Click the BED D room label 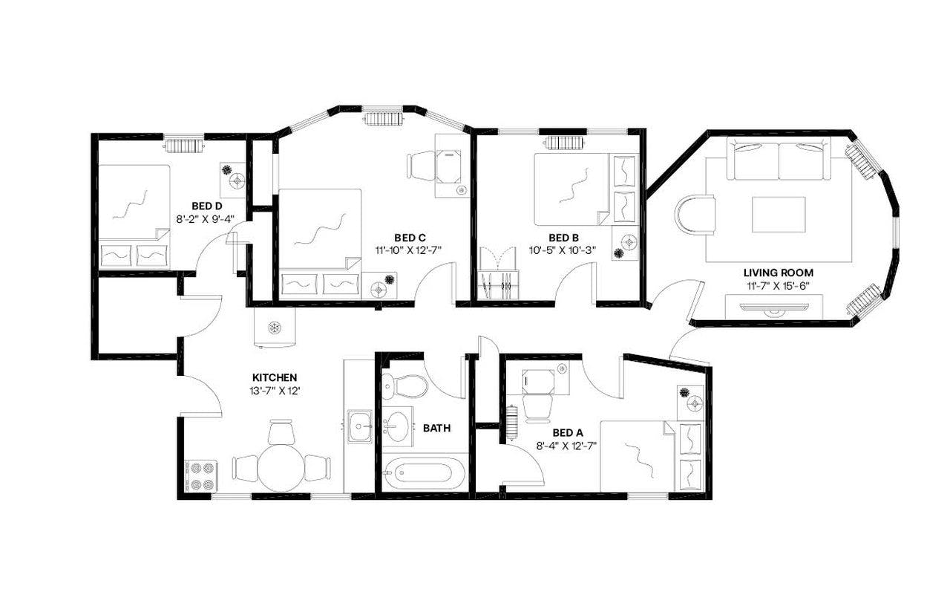click(x=206, y=206)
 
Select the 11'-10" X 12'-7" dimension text click(x=408, y=250)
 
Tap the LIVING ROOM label click(x=778, y=273)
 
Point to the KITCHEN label click(x=275, y=377)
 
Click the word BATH click(x=436, y=428)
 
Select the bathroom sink click(x=399, y=425)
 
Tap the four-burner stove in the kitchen click(x=200, y=475)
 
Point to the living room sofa click(x=779, y=161)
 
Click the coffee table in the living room click(x=779, y=215)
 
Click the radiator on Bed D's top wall click(x=183, y=144)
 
